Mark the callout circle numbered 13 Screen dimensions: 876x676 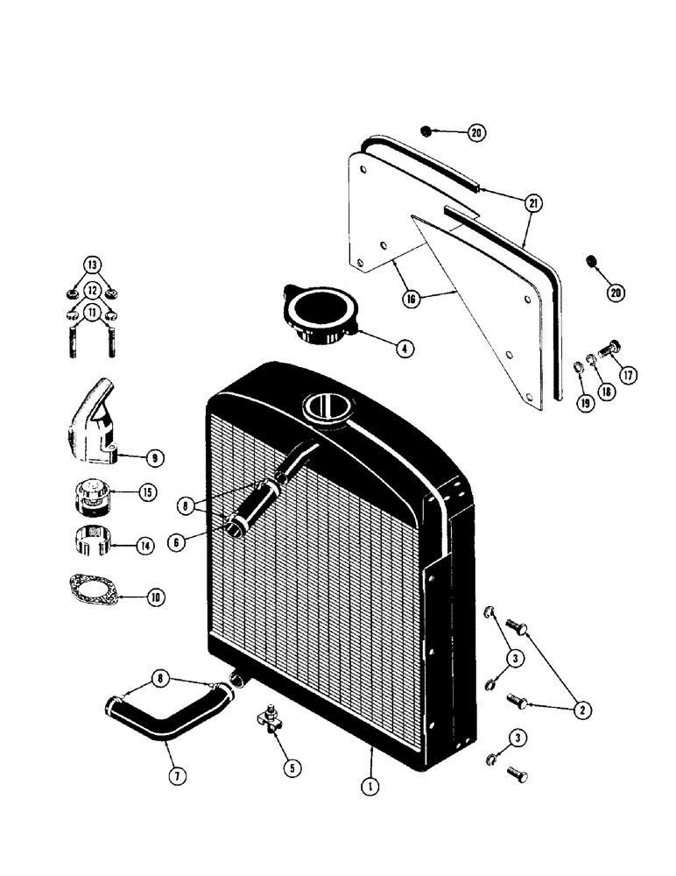coord(92,264)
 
